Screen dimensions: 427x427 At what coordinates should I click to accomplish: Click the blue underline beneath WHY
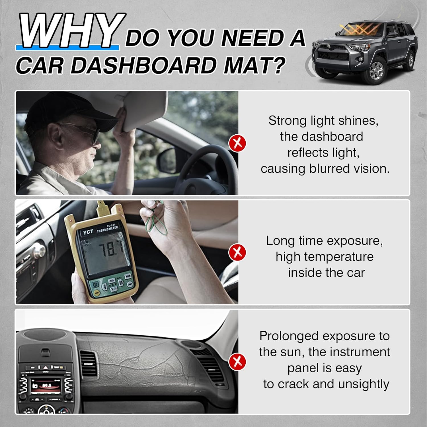tap(67, 48)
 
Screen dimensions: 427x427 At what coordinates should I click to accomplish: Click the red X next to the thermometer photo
tap(237, 252)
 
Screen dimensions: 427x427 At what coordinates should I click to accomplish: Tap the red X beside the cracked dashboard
tap(237, 362)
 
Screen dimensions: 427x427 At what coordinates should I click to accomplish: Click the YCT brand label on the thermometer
tap(88, 232)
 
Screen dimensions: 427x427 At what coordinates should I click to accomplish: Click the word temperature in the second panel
tap(339, 257)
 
